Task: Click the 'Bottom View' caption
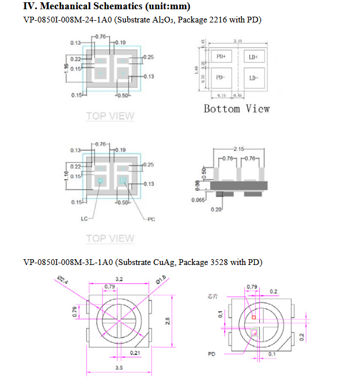tap(236, 109)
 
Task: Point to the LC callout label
tap(85, 219)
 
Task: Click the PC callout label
tap(151, 219)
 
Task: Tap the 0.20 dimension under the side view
tap(216, 209)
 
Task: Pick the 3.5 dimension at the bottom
tap(119, 367)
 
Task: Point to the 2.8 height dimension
tap(168, 321)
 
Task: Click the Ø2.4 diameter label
tap(63, 281)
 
